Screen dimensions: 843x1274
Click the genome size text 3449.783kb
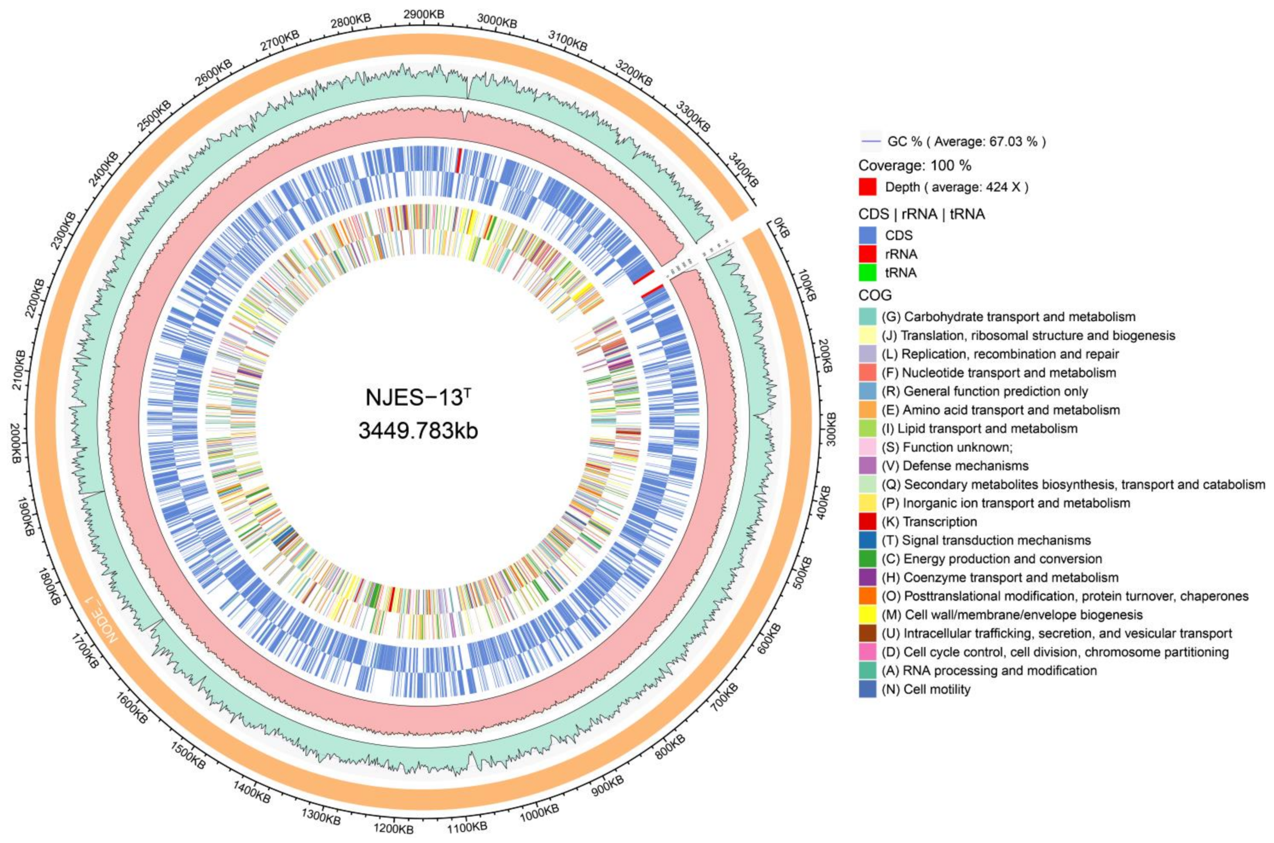[x=418, y=431]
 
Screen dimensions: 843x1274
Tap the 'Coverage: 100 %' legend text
[x=915, y=165]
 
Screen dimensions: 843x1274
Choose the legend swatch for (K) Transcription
[x=868, y=521]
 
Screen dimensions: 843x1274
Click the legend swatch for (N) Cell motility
[x=868, y=689]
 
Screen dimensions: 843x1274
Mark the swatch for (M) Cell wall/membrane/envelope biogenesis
[x=868, y=614]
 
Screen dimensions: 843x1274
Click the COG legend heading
[x=876, y=295]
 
